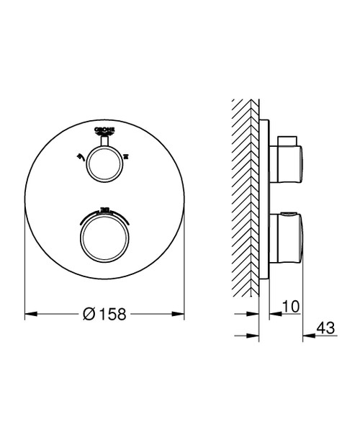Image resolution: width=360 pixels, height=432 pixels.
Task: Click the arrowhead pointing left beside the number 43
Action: tap(306, 335)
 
